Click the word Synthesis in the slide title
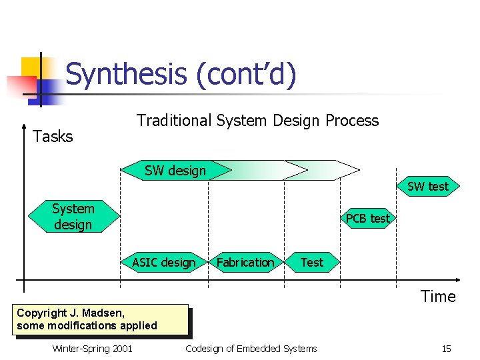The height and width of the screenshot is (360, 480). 127,74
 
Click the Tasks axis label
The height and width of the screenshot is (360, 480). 53,137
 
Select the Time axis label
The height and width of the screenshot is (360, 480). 438,297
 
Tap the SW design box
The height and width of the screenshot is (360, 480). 175,171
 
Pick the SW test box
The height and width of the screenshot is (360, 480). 427,187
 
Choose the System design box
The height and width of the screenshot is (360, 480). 73,217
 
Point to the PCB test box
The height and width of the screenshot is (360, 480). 367,218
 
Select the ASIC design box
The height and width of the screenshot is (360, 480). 163,263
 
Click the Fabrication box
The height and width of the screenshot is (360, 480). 245,263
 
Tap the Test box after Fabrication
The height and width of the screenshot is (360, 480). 311,263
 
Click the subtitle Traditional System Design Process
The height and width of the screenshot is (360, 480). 257,121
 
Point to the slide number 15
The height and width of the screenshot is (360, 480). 446,349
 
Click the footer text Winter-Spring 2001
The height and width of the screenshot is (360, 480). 92,349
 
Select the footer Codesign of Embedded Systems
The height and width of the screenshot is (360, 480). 251,349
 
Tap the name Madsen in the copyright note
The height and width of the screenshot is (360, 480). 107,313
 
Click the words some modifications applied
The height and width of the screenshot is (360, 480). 87,325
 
